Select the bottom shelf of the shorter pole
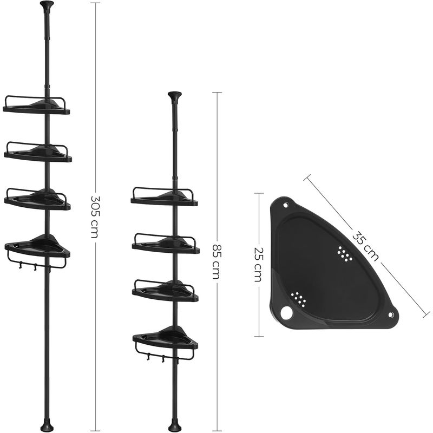click(x=165, y=340)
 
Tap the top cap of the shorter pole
click(x=174, y=96)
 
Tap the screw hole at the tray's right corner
click(x=390, y=314)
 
